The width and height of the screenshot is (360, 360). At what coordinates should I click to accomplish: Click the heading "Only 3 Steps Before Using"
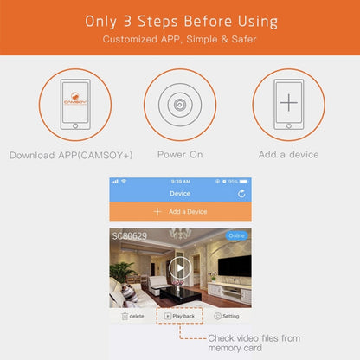click(x=180, y=21)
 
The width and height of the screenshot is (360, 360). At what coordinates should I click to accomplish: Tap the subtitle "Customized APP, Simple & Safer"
click(x=180, y=40)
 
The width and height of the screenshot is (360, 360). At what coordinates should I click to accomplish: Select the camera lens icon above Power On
click(x=180, y=105)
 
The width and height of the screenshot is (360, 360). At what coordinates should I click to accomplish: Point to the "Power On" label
click(x=180, y=155)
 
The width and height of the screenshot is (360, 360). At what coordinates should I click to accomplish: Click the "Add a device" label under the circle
click(x=288, y=155)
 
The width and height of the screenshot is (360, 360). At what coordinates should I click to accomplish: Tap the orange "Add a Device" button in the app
click(x=180, y=211)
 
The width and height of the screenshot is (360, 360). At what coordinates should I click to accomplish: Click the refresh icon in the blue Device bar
click(x=241, y=194)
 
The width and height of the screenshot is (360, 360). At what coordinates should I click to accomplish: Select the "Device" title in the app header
click(x=180, y=194)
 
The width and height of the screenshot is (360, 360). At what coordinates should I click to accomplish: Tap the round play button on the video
click(x=180, y=267)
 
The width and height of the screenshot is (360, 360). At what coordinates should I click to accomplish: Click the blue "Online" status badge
click(x=236, y=235)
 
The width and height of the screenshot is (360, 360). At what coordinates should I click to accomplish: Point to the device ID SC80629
click(x=129, y=235)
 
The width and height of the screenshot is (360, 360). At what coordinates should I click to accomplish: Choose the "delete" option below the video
click(x=132, y=317)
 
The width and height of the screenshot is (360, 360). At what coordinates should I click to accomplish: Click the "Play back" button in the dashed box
click(x=180, y=317)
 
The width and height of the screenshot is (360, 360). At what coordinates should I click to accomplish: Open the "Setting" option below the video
click(x=227, y=317)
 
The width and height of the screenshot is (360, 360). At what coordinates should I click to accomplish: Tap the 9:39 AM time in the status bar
click(x=180, y=181)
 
